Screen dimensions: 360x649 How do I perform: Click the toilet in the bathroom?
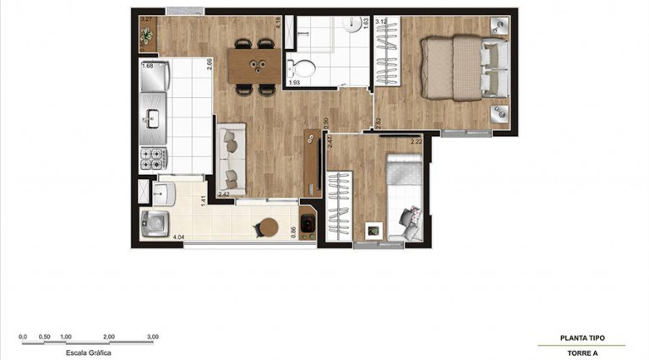(x=301, y=66)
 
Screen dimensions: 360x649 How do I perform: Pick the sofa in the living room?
(x=231, y=158)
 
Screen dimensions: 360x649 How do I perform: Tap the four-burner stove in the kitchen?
(x=155, y=158)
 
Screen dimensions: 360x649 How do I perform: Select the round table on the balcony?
(x=268, y=228)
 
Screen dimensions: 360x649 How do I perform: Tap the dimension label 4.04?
(x=178, y=237)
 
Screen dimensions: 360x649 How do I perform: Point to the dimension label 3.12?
(x=381, y=21)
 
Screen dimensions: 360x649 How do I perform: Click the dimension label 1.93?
(x=295, y=83)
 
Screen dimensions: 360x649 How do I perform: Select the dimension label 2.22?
(x=416, y=142)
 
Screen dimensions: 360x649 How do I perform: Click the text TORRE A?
(x=582, y=352)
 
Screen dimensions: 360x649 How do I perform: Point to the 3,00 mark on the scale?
(x=152, y=336)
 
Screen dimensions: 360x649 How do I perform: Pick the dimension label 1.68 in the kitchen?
(x=147, y=66)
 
